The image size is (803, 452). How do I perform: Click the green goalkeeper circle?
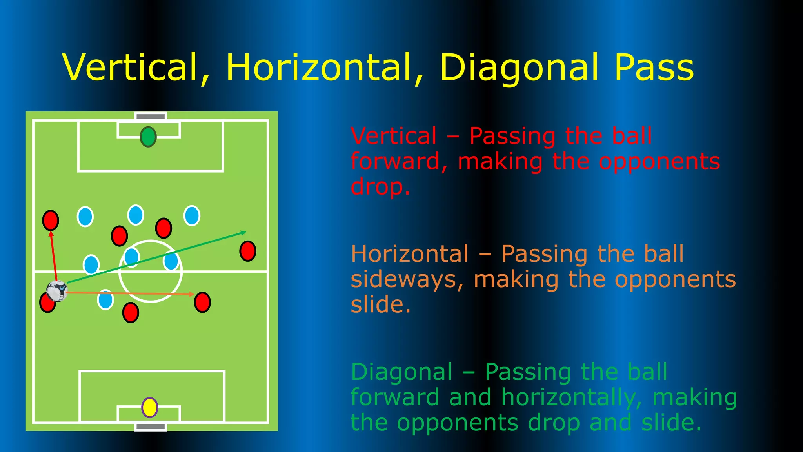pyautogui.click(x=148, y=137)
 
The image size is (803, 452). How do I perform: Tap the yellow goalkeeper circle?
pyautogui.click(x=149, y=407)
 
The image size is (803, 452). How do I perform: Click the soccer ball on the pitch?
pyautogui.click(x=57, y=291)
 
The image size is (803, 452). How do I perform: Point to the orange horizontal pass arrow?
pyautogui.click(x=129, y=293)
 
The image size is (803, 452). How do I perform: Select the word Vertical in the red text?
pyautogui.click(x=394, y=136)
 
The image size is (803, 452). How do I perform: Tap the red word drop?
pyautogui.click(x=380, y=187)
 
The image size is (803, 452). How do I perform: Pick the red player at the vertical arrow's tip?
pyautogui.click(x=51, y=220)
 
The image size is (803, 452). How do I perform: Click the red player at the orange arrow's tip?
pyautogui.click(x=202, y=302)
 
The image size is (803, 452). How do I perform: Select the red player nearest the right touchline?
pyautogui.click(x=248, y=251)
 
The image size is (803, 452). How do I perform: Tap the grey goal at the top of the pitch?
pyautogui.click(x=151, y=117)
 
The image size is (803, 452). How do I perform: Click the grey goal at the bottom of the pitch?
pyautogui.click(x=151, y=426)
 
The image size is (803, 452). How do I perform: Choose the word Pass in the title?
pyautogui.click(x=654, y=67)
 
